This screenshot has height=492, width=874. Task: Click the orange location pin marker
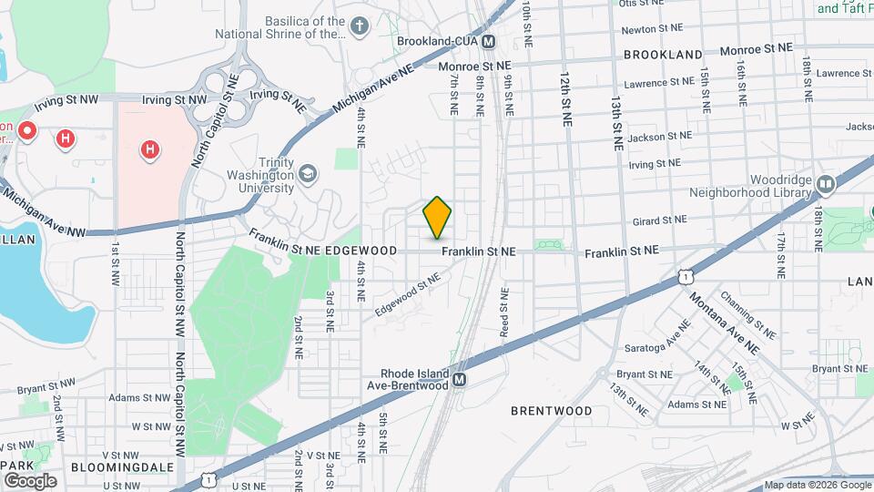point(437,217)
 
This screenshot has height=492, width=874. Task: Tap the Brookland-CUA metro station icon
point(489,41)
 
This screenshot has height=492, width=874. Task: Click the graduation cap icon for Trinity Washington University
point(310,172)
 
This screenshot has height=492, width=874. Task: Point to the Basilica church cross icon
point(360,26)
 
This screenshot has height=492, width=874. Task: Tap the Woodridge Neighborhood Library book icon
point(826,185)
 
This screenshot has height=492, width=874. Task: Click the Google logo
point(30,480)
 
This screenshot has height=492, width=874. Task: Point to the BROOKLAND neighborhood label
point(663,55)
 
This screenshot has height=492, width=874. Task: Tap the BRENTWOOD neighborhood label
point(551,411)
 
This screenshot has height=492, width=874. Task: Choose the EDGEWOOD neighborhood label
point(361,251)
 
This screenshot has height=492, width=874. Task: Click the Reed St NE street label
point(503,313)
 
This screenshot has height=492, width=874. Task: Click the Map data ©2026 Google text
point(817,485)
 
